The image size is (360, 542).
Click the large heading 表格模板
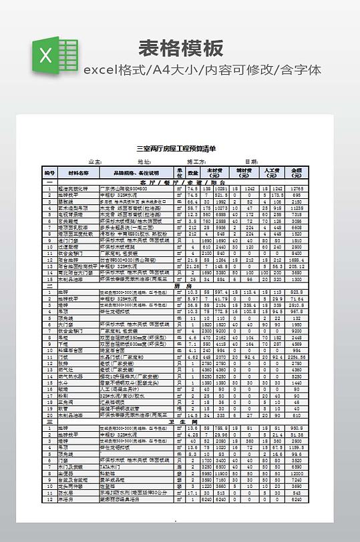pos(180,49)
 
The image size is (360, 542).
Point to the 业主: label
pos(96,162)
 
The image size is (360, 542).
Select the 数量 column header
pos(193,173)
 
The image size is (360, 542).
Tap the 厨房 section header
pos(178,286)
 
